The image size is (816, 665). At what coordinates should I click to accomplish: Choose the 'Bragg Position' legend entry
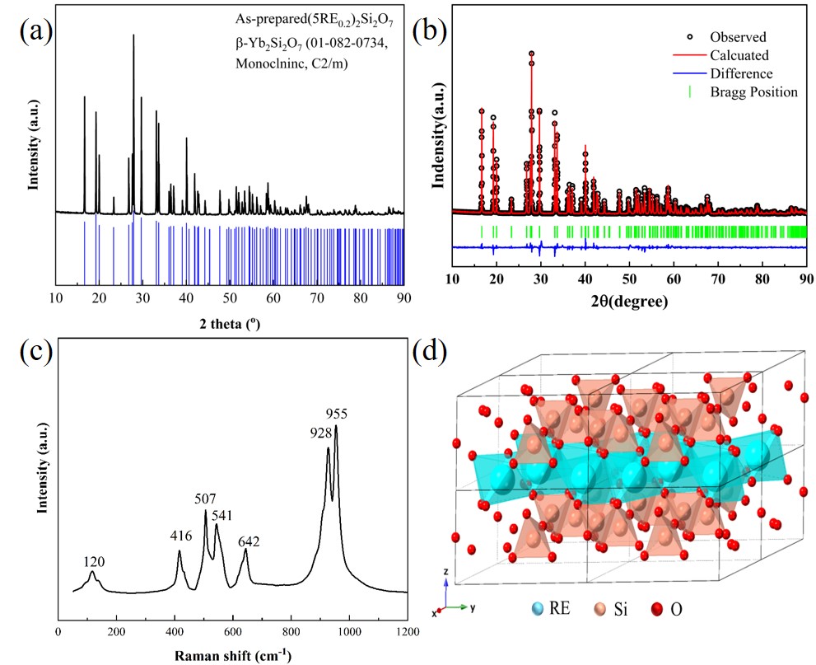coord(753,91)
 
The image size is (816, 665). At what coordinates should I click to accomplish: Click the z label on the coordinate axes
coord(445,569)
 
